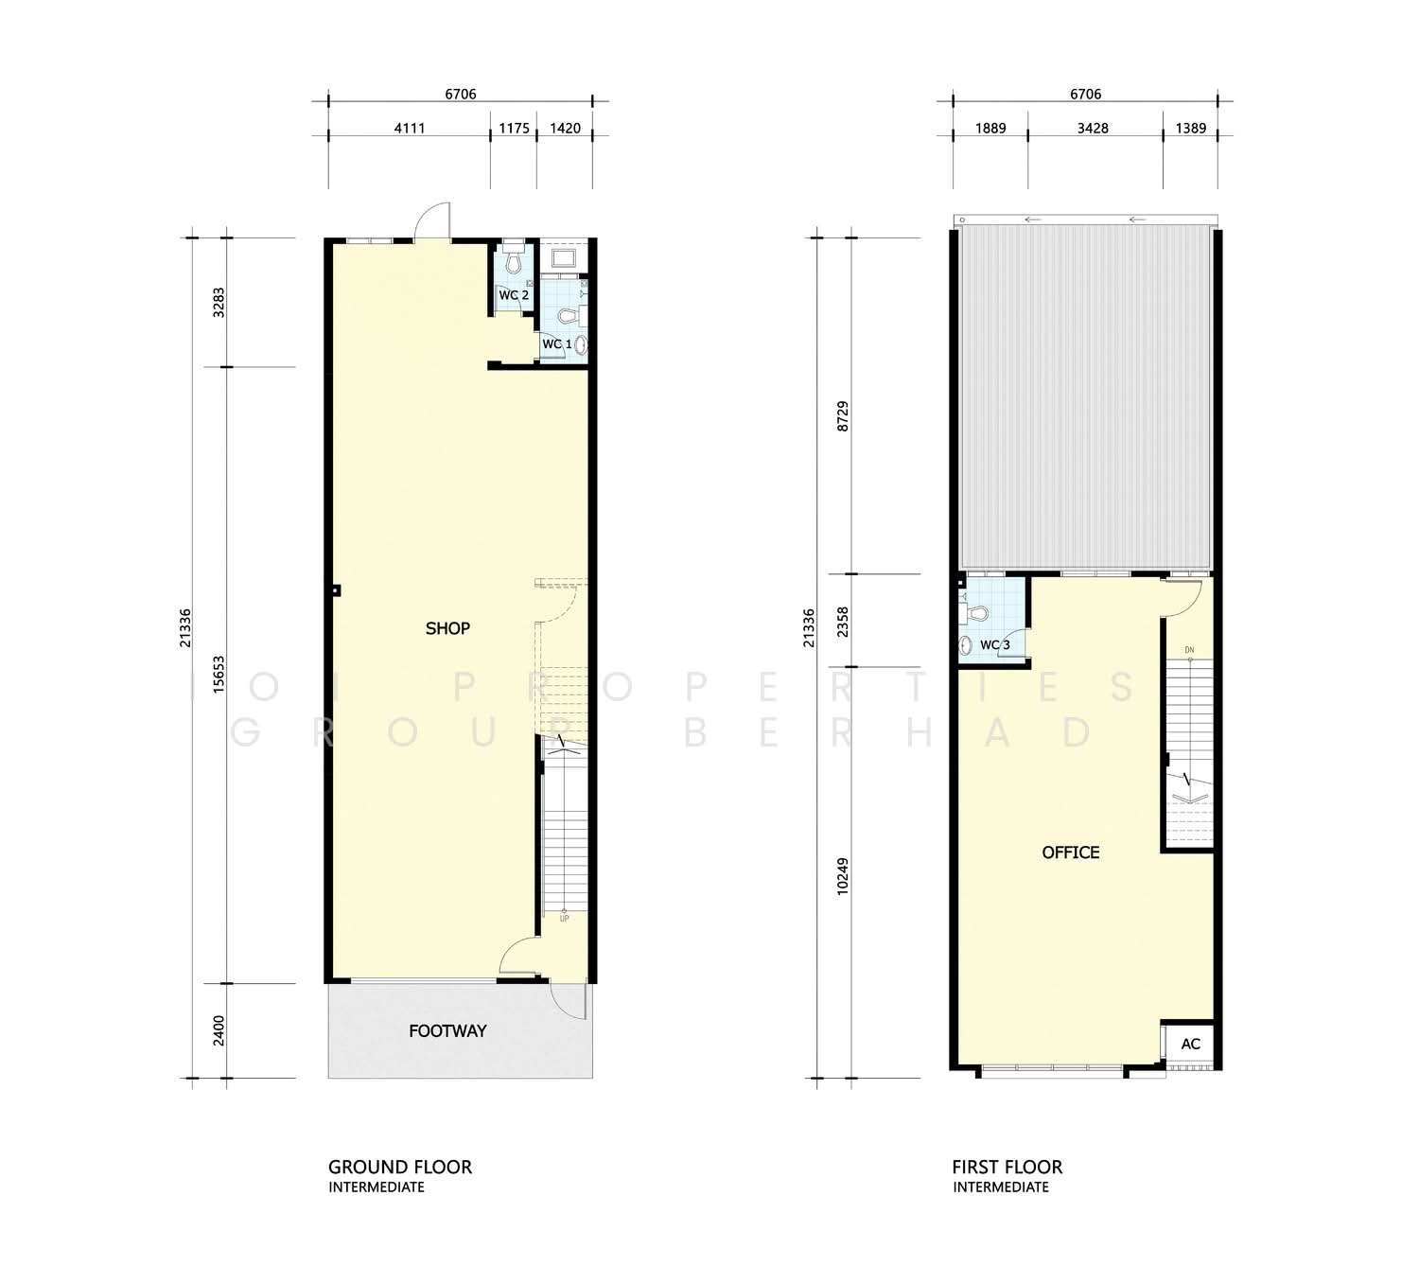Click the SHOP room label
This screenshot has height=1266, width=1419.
click(447, 628)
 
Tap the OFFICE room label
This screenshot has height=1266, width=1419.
click(1070, 853)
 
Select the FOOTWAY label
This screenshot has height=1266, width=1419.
click(447, 1030)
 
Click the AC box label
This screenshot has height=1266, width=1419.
click(1191, 1044)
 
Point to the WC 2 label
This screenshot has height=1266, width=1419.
click(514, 295)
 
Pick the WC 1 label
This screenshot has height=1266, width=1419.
click(557, 344)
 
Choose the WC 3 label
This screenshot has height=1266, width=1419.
click(994, 644)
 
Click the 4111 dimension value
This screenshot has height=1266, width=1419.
click(410, 129)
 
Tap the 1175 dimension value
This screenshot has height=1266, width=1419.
click(514, 129)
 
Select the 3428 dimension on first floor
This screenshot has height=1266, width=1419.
click(1093, 129)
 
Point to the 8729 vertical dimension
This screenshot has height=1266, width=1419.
click(843, 416)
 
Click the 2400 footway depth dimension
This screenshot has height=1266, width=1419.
click(219, 1030)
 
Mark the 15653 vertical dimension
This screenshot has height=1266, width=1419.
click(219, 675)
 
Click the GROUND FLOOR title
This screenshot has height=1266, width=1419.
click(400, 1168)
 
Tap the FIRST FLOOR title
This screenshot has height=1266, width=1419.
click(1007, 1168)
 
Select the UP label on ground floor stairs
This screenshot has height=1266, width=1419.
click(564, 919)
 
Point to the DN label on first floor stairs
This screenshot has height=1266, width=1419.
click(1188, 650)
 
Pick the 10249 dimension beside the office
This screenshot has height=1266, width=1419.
click(843, 876)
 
